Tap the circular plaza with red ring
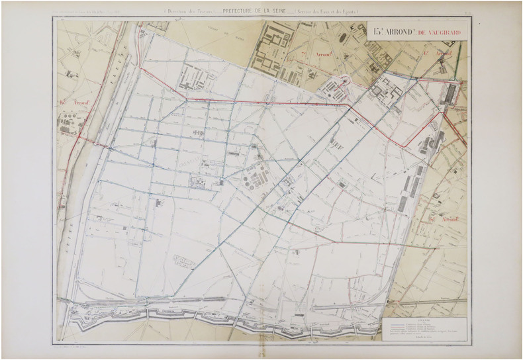click(344, 82)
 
